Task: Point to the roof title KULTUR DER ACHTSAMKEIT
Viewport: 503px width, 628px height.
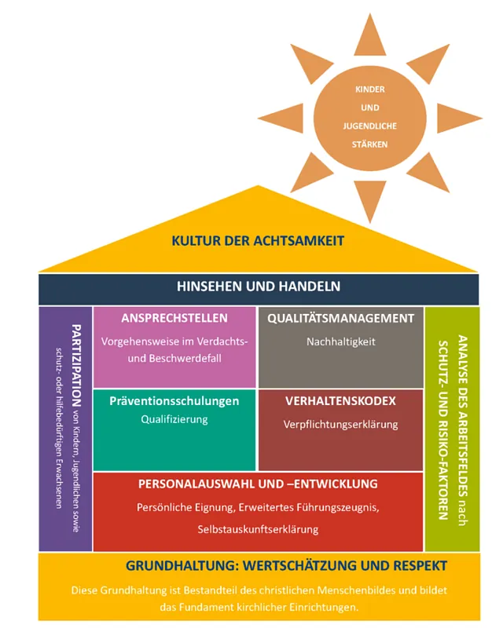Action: click(x=258, y=240)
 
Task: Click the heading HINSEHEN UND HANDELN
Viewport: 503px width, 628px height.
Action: click(x=258, y=287)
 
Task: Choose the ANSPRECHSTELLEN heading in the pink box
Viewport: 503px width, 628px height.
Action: click(x=174, y=319)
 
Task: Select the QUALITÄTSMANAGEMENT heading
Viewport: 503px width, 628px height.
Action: click(x=340, y=319)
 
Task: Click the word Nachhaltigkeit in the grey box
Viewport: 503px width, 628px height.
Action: click(x=340, y=341)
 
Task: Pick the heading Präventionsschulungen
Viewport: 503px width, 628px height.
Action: click(x=174, y=401)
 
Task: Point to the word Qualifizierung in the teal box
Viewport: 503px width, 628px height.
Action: click(x=174, y=419)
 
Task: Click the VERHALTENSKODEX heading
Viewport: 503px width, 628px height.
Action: click(x=340, y=401)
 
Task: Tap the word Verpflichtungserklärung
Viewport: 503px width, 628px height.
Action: click(x=340, y=425)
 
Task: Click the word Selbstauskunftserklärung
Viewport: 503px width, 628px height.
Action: click(x=258, y=529)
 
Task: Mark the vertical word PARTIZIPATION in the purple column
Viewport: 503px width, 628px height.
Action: click(x=76, y=377)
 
